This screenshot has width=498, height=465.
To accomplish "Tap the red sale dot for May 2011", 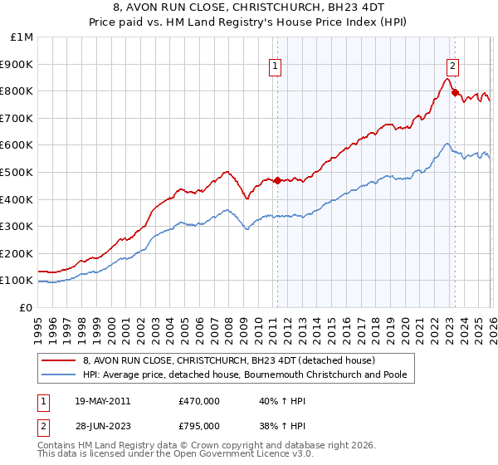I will pyautogui.click(x=277, y=180).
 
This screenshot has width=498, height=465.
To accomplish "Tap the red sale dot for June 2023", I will pyautogui.click(x=455, y=92).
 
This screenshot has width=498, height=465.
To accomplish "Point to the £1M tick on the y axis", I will pyautogui.click(x=22, y=37).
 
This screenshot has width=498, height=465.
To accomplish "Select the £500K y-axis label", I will pyautogui.click(x=18, y=172).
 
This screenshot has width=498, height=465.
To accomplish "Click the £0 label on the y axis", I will pyautogui.click(x=26, y=307).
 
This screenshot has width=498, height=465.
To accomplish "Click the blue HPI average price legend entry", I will pyautogui.click(x=243, y=375).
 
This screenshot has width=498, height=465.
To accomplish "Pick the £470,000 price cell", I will pyautogui.click(x=199, y=400).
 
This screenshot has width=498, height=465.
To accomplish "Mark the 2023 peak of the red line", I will pyautogui.click(x=448, y=79).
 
